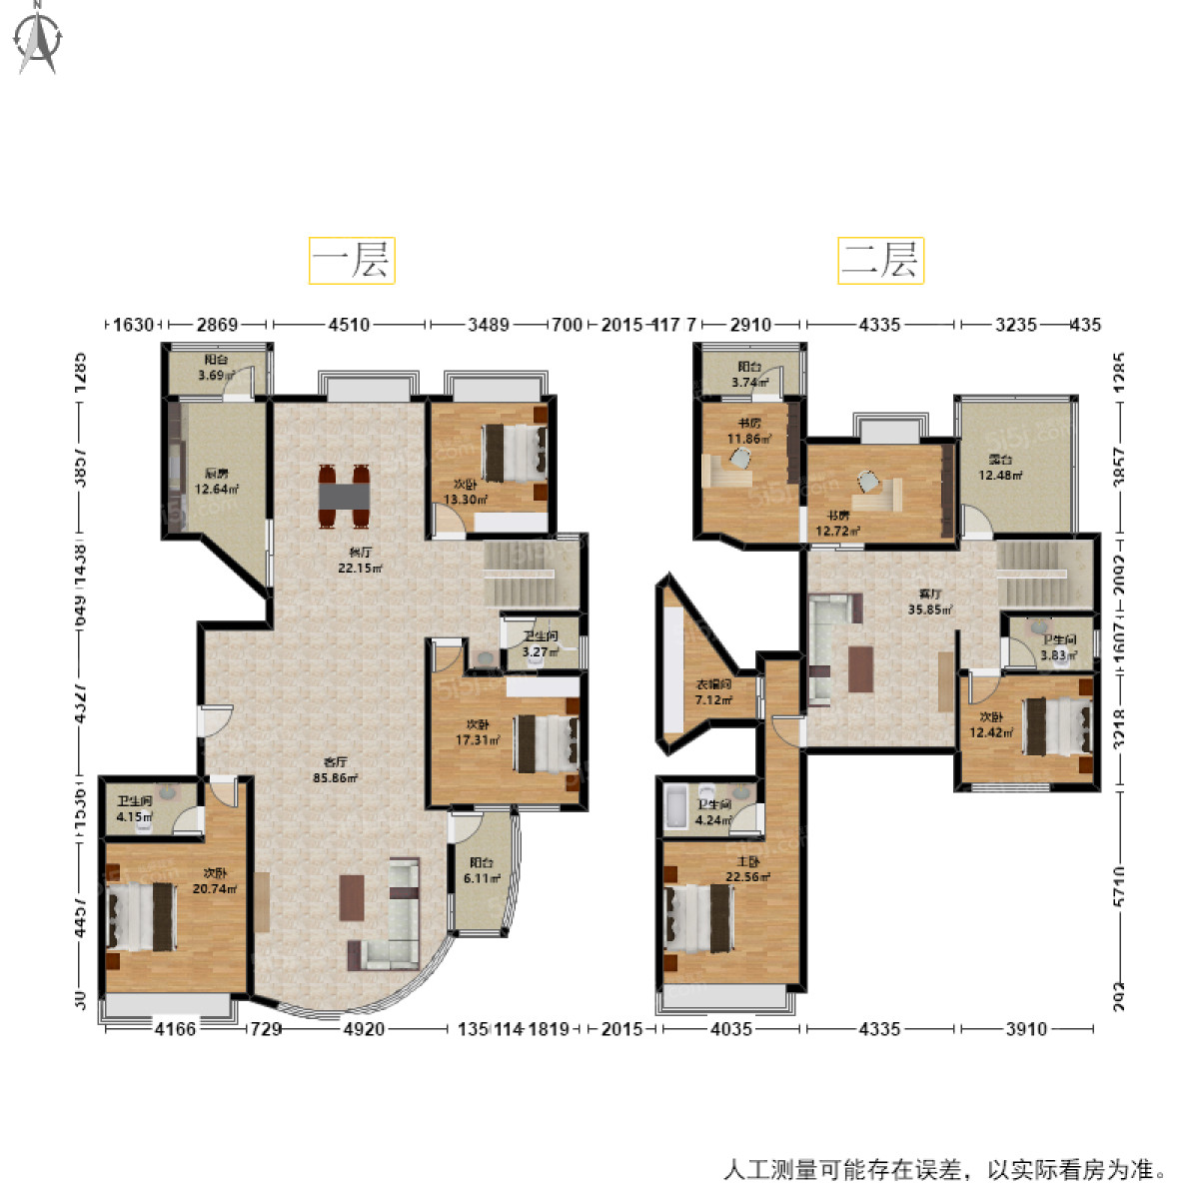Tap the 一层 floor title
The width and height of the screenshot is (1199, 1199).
tap(352, 261)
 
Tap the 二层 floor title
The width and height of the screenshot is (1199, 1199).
tap(880, 261)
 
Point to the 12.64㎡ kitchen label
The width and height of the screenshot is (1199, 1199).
tap(216, 482)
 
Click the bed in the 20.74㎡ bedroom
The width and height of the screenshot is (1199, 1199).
tap(142, 917)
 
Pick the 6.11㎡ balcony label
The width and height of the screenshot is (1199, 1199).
tap(481, 870)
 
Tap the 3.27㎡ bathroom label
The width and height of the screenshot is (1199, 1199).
tap(540, 644)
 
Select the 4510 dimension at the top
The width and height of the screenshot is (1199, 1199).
tap(349, 325)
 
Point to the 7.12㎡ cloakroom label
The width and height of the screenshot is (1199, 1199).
tap(713, 692)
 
